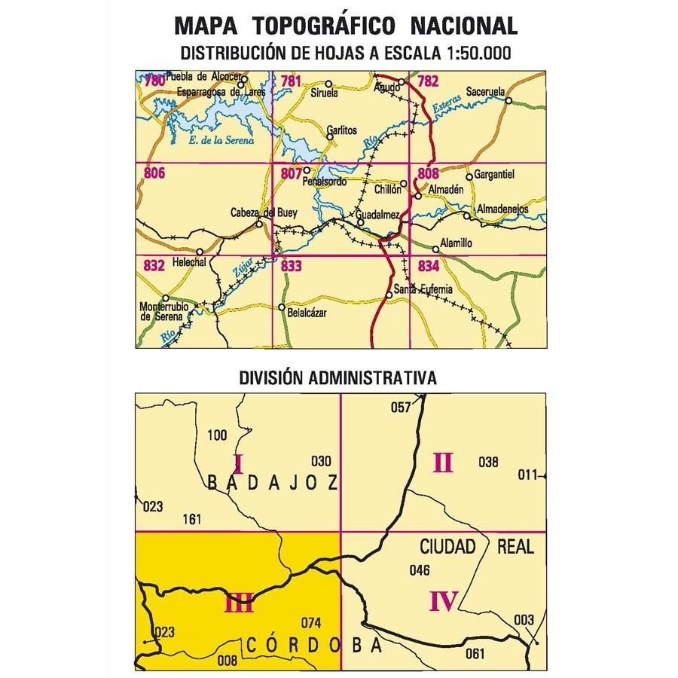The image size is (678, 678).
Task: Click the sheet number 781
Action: click(290, 81)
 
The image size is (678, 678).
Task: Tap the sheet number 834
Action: click(428, 265)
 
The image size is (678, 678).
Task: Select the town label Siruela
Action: click(325, 94)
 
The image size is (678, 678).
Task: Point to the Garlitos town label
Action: click(341, 129)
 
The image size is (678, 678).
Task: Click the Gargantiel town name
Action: click(495, 176)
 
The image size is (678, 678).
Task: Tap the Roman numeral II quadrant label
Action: click(443, 461)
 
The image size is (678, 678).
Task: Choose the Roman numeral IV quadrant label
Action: click(444, 600)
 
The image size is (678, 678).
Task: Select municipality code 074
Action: click(311, 622)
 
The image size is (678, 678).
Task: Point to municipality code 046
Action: click(419, 570)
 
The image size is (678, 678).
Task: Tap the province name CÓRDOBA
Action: click(313, 646)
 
